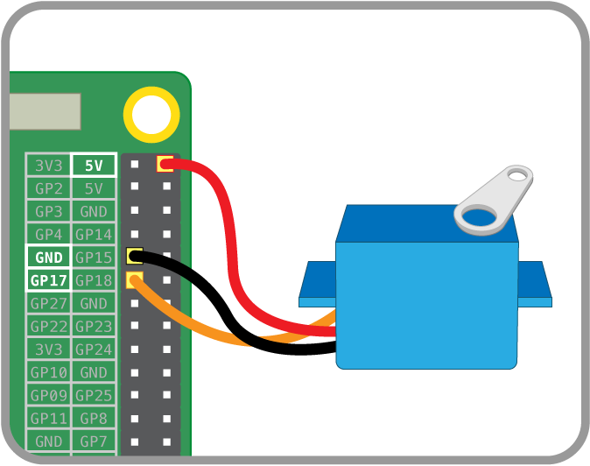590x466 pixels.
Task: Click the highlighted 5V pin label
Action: (x=93, y=165)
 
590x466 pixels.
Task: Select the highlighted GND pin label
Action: (x=49, y=258)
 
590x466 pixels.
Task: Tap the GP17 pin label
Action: (x=49, y=280)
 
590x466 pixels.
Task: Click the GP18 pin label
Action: (x=93, y=280)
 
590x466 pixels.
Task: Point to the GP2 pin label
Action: (x=49, y=188)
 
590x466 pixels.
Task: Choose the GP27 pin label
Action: (x=49, y=303)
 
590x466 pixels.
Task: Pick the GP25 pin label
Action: (x=93, y=395)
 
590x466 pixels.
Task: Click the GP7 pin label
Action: (x=93, y=441)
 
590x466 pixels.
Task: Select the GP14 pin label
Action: (x=93, y=234)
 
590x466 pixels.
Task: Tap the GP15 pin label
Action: (x=93, y=258)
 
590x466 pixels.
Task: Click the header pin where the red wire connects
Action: (x=165, y=163)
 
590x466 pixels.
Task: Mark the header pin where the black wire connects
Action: (x=135, y=257)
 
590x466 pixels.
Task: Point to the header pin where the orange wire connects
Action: (x=135, y=280)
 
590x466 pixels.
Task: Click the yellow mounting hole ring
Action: (x=151, y=113)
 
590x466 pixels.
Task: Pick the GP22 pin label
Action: (x=49, y=326)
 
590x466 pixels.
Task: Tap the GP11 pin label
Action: (x=49, y=418)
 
